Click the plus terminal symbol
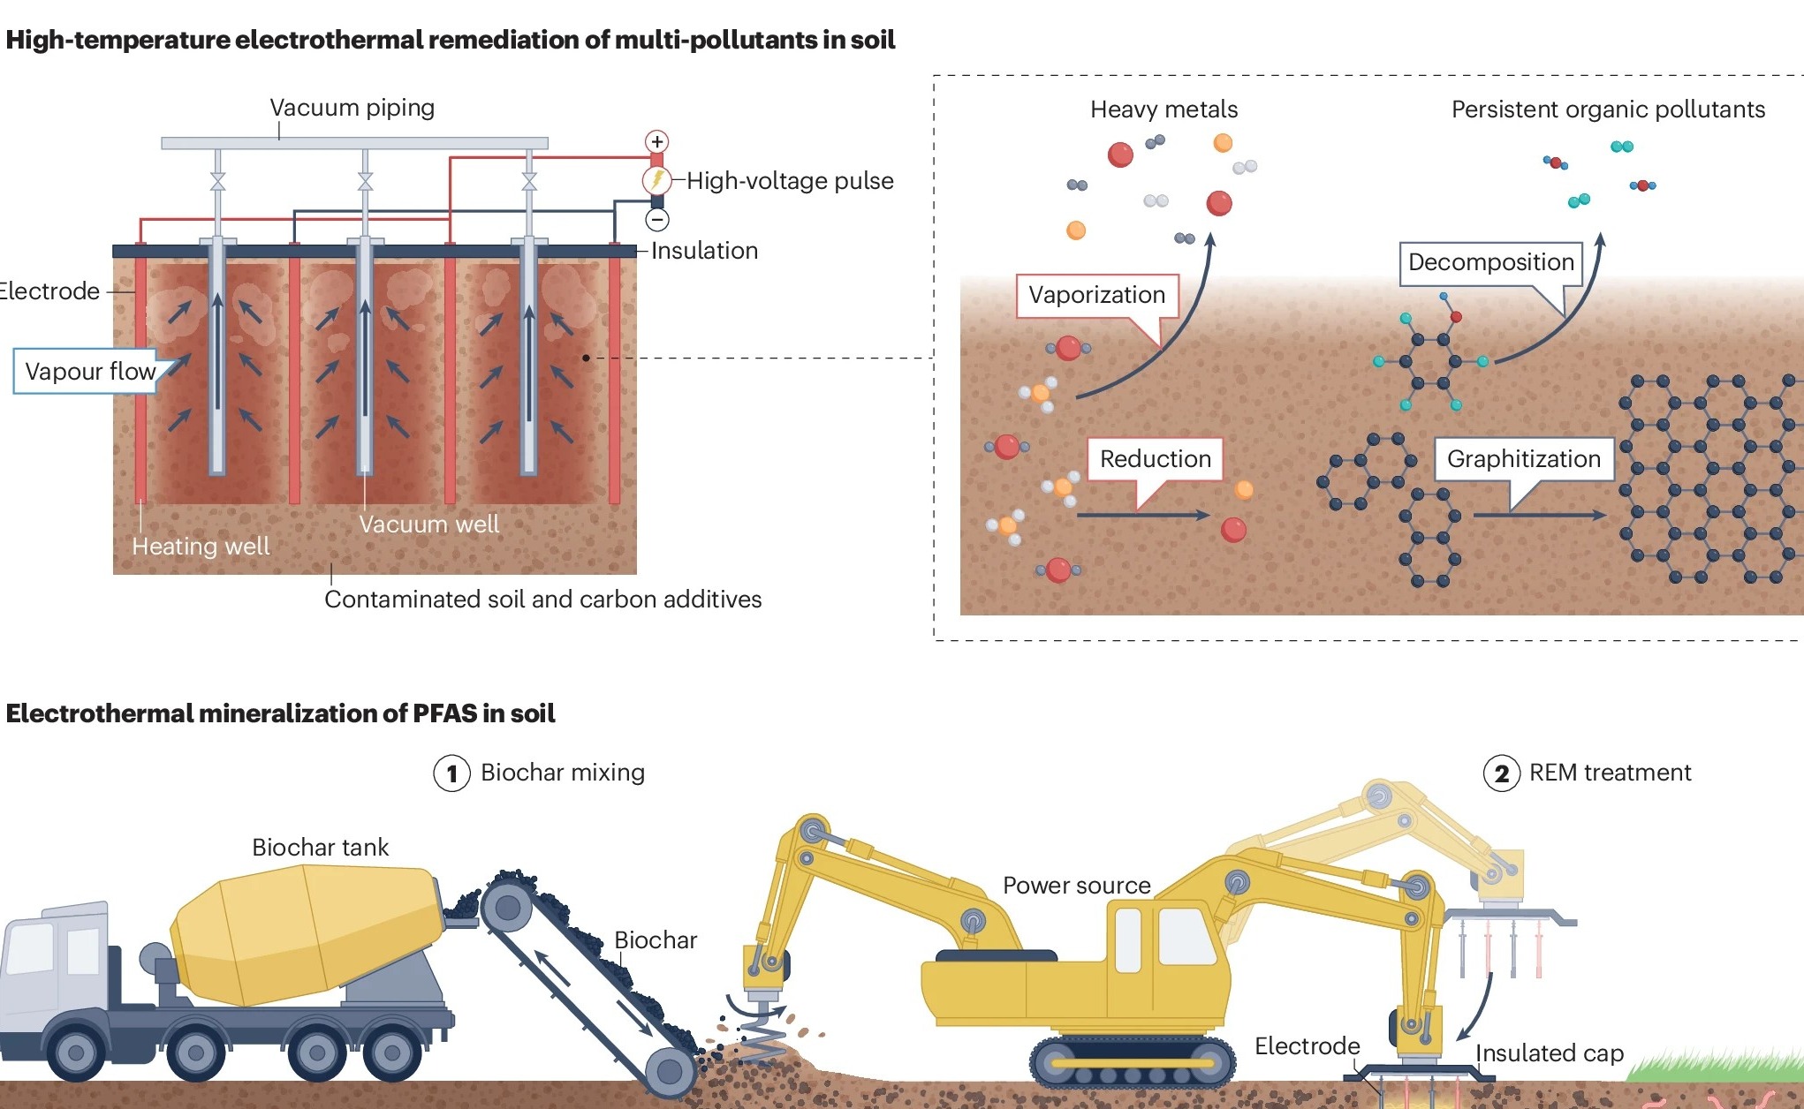tap(656, 141)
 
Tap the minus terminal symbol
tap(657, 219)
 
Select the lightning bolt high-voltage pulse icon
tap(656, 180)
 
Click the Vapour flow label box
tap(89, 372)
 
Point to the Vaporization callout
tap(1096, 295)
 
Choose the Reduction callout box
tap(1155, 459)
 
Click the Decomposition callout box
tap(1490, 262)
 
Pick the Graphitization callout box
tap(1523, 459)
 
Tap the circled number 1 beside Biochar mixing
tap(451, 773)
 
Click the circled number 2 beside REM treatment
tap(1501, 773)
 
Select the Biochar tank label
tap(320, 848)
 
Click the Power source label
tap(1076, 886)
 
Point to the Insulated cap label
tap(1550, 1053)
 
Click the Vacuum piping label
tap(352, 108)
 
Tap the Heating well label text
tap(201, 547)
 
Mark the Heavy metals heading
tap(1164, 109)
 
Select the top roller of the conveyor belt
tap(507, 908)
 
